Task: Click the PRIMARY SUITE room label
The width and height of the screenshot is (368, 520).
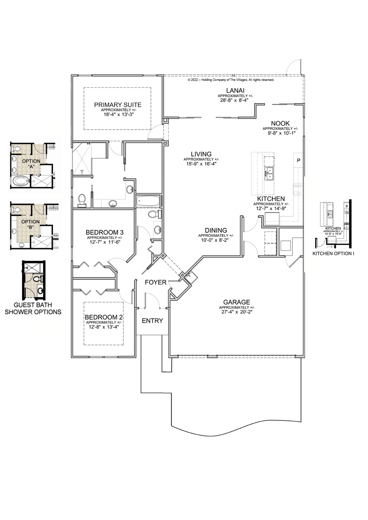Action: click(118, 105)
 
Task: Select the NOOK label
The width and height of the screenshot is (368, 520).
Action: click(280, 124)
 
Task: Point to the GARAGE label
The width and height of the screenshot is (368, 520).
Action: click(236, 302)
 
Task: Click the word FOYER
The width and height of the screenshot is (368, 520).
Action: click(155, 282)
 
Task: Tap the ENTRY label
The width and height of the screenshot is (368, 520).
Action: click(152, 321)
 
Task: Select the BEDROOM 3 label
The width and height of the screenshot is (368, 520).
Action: click(104, 233)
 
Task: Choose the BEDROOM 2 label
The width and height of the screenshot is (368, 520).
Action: click(104, 317)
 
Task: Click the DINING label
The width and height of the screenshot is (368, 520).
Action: click(216, 230)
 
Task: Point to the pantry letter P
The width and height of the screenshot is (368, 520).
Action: click(298, 160)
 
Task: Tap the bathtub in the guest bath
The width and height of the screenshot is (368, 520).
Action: click(148, 201)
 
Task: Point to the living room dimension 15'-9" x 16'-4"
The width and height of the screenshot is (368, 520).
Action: click(201, 164)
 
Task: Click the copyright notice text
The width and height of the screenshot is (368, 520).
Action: click(231, 80)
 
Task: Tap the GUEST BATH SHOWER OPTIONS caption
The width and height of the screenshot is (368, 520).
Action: click(33, 308)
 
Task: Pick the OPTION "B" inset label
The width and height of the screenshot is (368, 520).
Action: click(31, 224)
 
